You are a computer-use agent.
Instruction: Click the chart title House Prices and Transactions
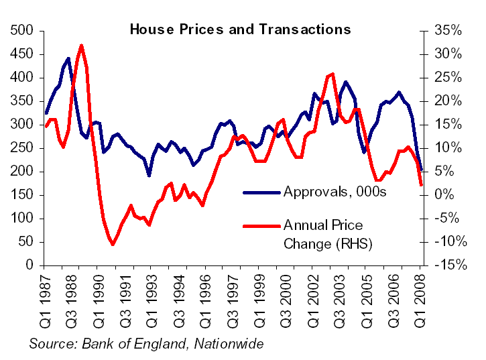point(239,29)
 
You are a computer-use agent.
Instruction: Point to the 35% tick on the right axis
point(446,31)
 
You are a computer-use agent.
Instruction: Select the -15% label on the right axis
point(446,265)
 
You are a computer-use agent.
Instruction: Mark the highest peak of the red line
point(81,46)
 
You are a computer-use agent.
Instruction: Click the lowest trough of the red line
point(113,245)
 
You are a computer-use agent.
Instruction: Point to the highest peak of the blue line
point(69,59)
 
